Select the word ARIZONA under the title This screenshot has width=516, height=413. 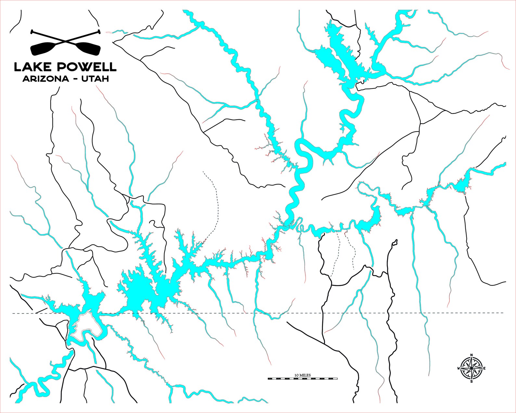tap(45, 79)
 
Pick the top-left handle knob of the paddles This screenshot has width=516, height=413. tap(32, 32)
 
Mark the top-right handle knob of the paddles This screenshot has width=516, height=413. tap(99, 32)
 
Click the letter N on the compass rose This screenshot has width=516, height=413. tap(472, 355)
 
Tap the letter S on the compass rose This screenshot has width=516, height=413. tap(471, 381)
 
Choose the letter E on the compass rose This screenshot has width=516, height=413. tap(484, 368)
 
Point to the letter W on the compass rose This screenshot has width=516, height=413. tap(458, 368)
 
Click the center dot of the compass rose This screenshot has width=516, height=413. tap(471, 368)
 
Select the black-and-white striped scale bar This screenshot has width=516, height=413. tap(303, 379)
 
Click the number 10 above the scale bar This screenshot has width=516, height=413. tap(296, 375)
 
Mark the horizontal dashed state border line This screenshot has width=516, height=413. tap(227, 313)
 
